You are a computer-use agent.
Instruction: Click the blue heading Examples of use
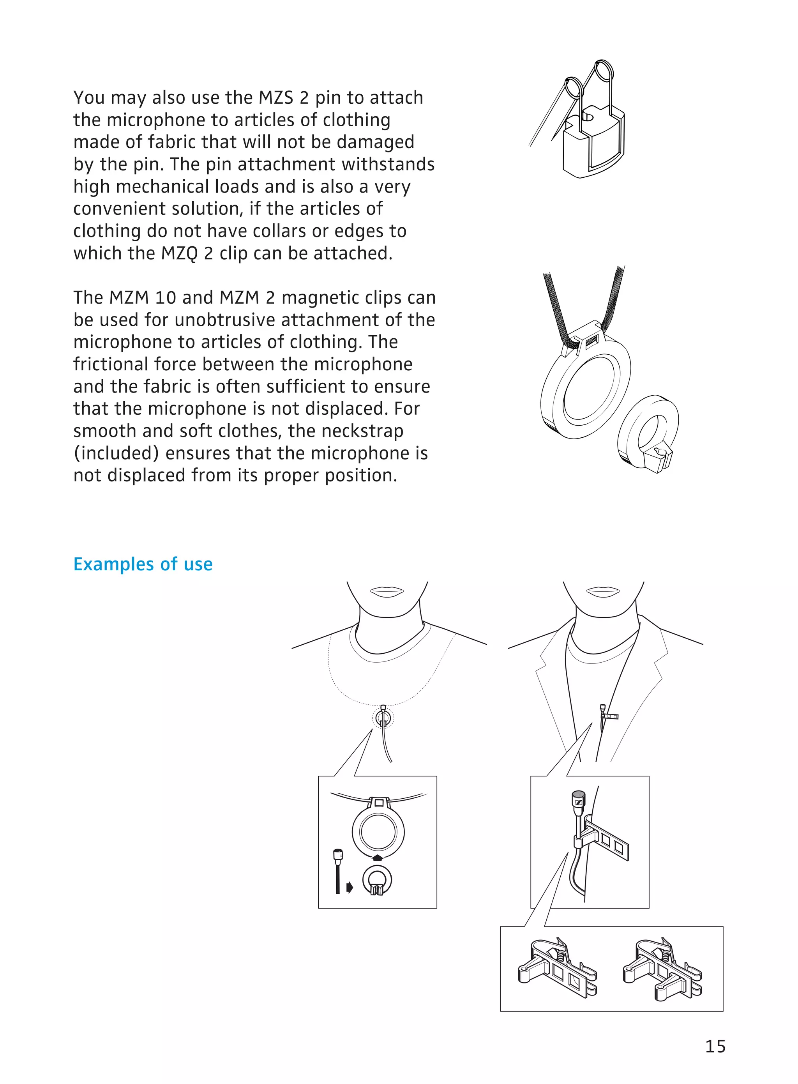point(143,564)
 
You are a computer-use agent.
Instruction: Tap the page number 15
point(715,1046)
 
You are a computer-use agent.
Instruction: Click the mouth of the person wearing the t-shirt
point(387,592)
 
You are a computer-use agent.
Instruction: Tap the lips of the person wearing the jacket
point(603,592)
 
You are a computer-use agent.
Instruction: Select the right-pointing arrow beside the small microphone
point(350,887)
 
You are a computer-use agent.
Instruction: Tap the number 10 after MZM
point(166,298)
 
